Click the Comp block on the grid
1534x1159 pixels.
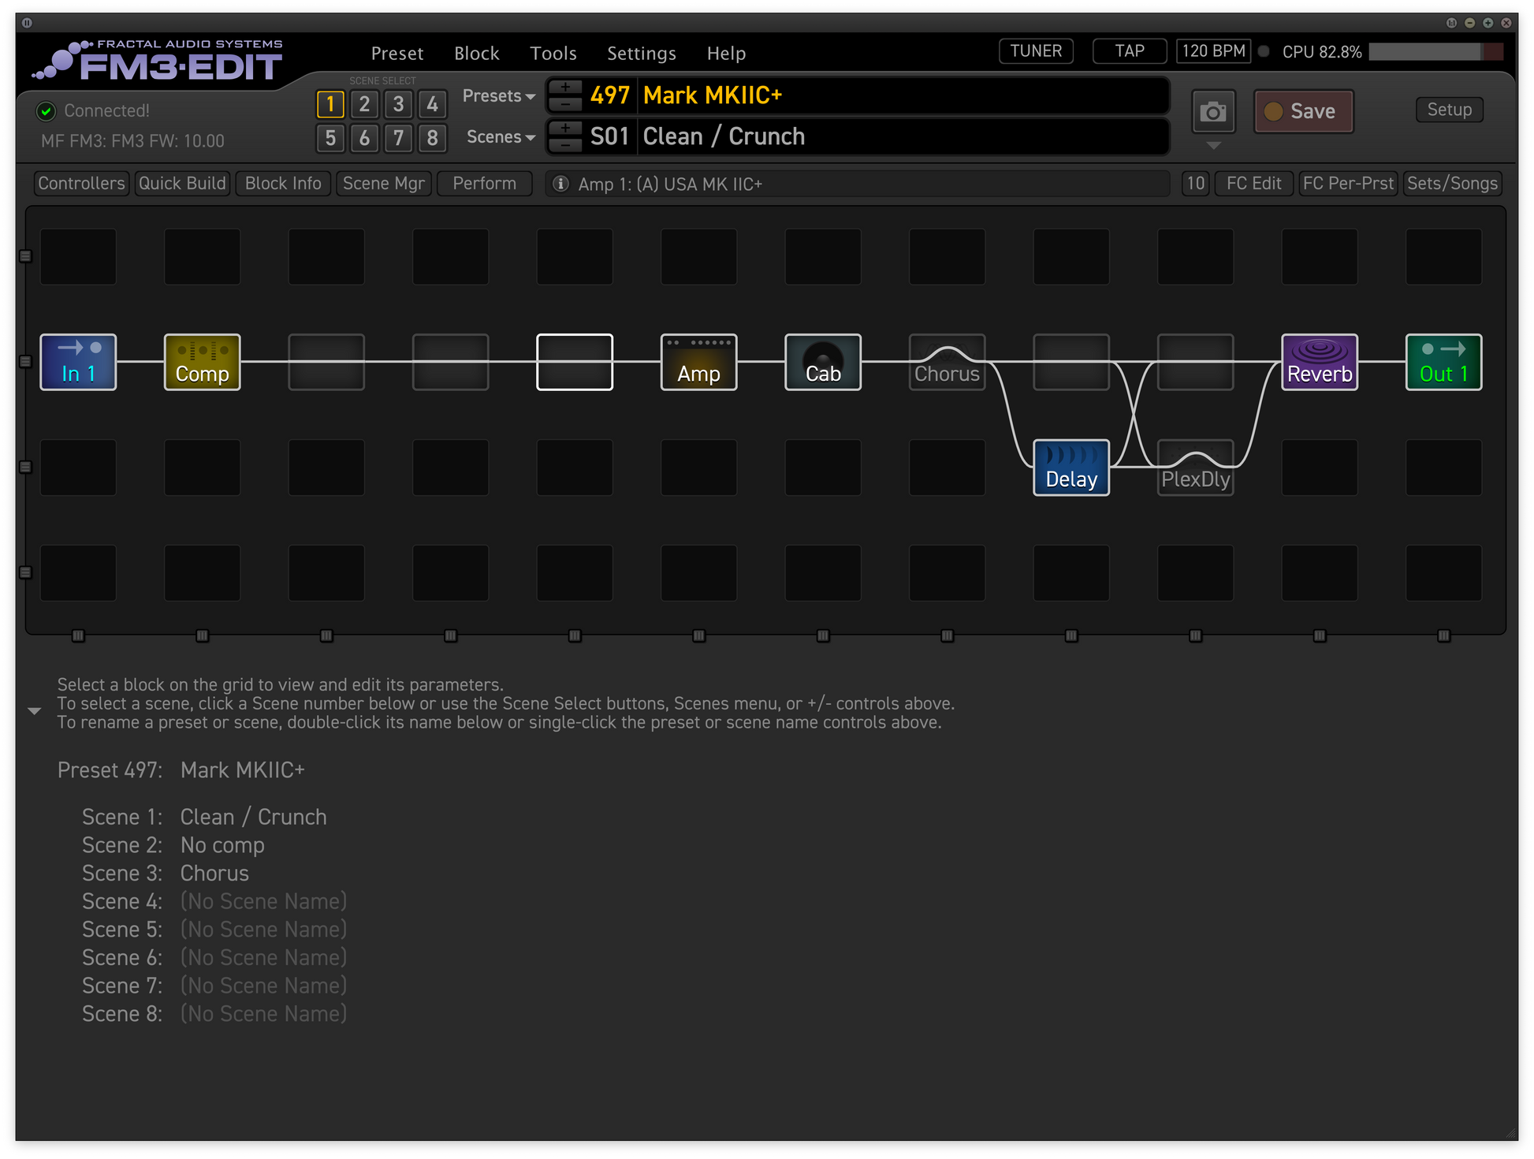tap(203, 362)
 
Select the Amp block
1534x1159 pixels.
tap(699, 362)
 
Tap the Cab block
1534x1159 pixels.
tap(823, 362)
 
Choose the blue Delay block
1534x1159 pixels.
tap(1071, 468)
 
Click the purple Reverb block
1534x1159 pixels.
tap(1320, 362)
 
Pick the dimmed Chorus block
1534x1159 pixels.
tap(947, 362)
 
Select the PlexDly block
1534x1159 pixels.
tap(1195, 468)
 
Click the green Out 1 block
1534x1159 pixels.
tap(1443, 362)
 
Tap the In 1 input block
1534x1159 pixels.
tap(78, 362)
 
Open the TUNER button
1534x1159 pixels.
tap(1036, 51)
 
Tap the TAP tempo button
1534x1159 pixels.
tap(1130, 51)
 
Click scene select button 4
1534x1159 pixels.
tap(432, 104)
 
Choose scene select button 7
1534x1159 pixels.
tap(398, 138)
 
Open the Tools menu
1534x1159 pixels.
tap(553, 54)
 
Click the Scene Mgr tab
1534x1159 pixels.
tap(384, 184)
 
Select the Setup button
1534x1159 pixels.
tap(1450, 110)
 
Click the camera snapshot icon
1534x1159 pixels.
tap(1213, 112)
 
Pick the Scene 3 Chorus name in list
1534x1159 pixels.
tap(214, 874)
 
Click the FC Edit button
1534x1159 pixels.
tap(1254, 184)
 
